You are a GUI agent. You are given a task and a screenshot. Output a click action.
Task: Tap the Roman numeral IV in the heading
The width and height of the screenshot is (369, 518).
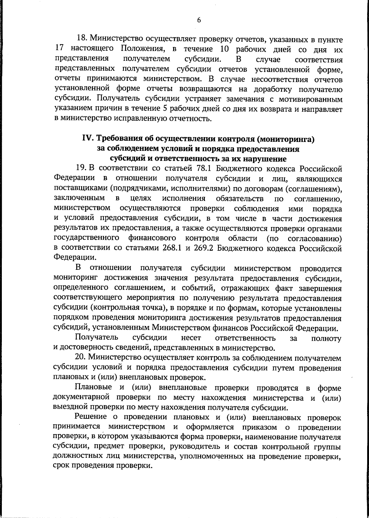pyautogui.click(x=87, y=139)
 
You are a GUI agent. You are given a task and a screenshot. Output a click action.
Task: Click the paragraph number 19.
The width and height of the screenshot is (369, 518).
pyautogui.click(x=81, y=169)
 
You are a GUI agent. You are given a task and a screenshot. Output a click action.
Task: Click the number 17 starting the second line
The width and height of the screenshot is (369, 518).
pyautogui.click(x=59, y=49)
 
